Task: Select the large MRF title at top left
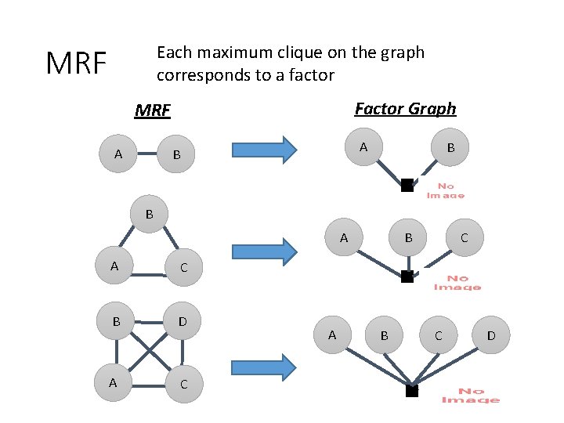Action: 76,63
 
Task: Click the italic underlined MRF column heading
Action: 152,110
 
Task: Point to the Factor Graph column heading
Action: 405,109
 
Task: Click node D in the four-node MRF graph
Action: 183,321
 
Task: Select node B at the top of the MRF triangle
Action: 149,213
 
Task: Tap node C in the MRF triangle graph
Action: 183,267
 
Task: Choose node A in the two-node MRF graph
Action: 118,154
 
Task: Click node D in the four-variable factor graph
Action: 491,336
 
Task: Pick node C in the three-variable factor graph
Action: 464,237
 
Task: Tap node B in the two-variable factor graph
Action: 450,147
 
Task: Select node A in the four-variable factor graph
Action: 332,335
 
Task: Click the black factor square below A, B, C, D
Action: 411,390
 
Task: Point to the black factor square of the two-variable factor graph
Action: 407,186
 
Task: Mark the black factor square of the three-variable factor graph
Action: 407,276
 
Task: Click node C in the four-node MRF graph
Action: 183,384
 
